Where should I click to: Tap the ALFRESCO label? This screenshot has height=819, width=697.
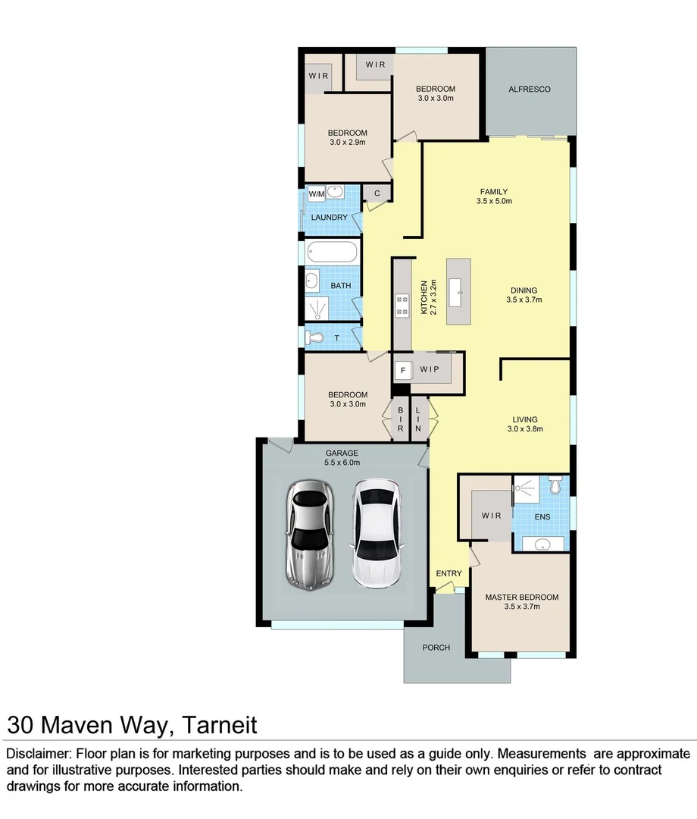click(x=529, y=89)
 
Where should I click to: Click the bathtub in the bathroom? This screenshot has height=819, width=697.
click(x=332, y=252)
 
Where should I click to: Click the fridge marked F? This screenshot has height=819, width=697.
click(x=403, y=371)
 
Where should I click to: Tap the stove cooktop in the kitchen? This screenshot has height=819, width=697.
click(x=402, y=304)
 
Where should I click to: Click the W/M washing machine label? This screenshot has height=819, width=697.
click(x=316, y=194)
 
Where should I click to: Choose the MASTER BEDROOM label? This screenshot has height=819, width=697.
click(x=521, y=597)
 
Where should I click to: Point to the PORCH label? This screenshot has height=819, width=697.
click(x=436, y=648)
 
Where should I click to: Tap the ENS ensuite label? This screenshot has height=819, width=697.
click(x=542, y=517)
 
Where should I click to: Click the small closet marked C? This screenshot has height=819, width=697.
click(x=377, y=193)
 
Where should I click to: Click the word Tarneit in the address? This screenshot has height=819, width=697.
click(x=220, y=725)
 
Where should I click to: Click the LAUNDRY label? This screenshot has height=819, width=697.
click(x=330, y=218)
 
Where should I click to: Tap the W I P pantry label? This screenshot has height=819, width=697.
click(x=430, y=369)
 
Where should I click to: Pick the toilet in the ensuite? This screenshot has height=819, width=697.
click(x=557, y=484)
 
